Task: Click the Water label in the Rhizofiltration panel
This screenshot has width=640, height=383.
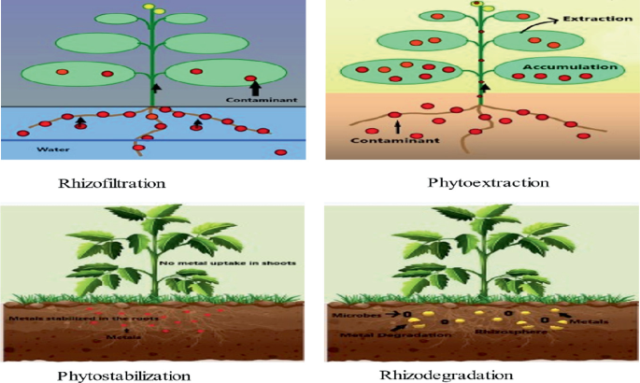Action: pyautogui.click(x=49, y=148)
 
